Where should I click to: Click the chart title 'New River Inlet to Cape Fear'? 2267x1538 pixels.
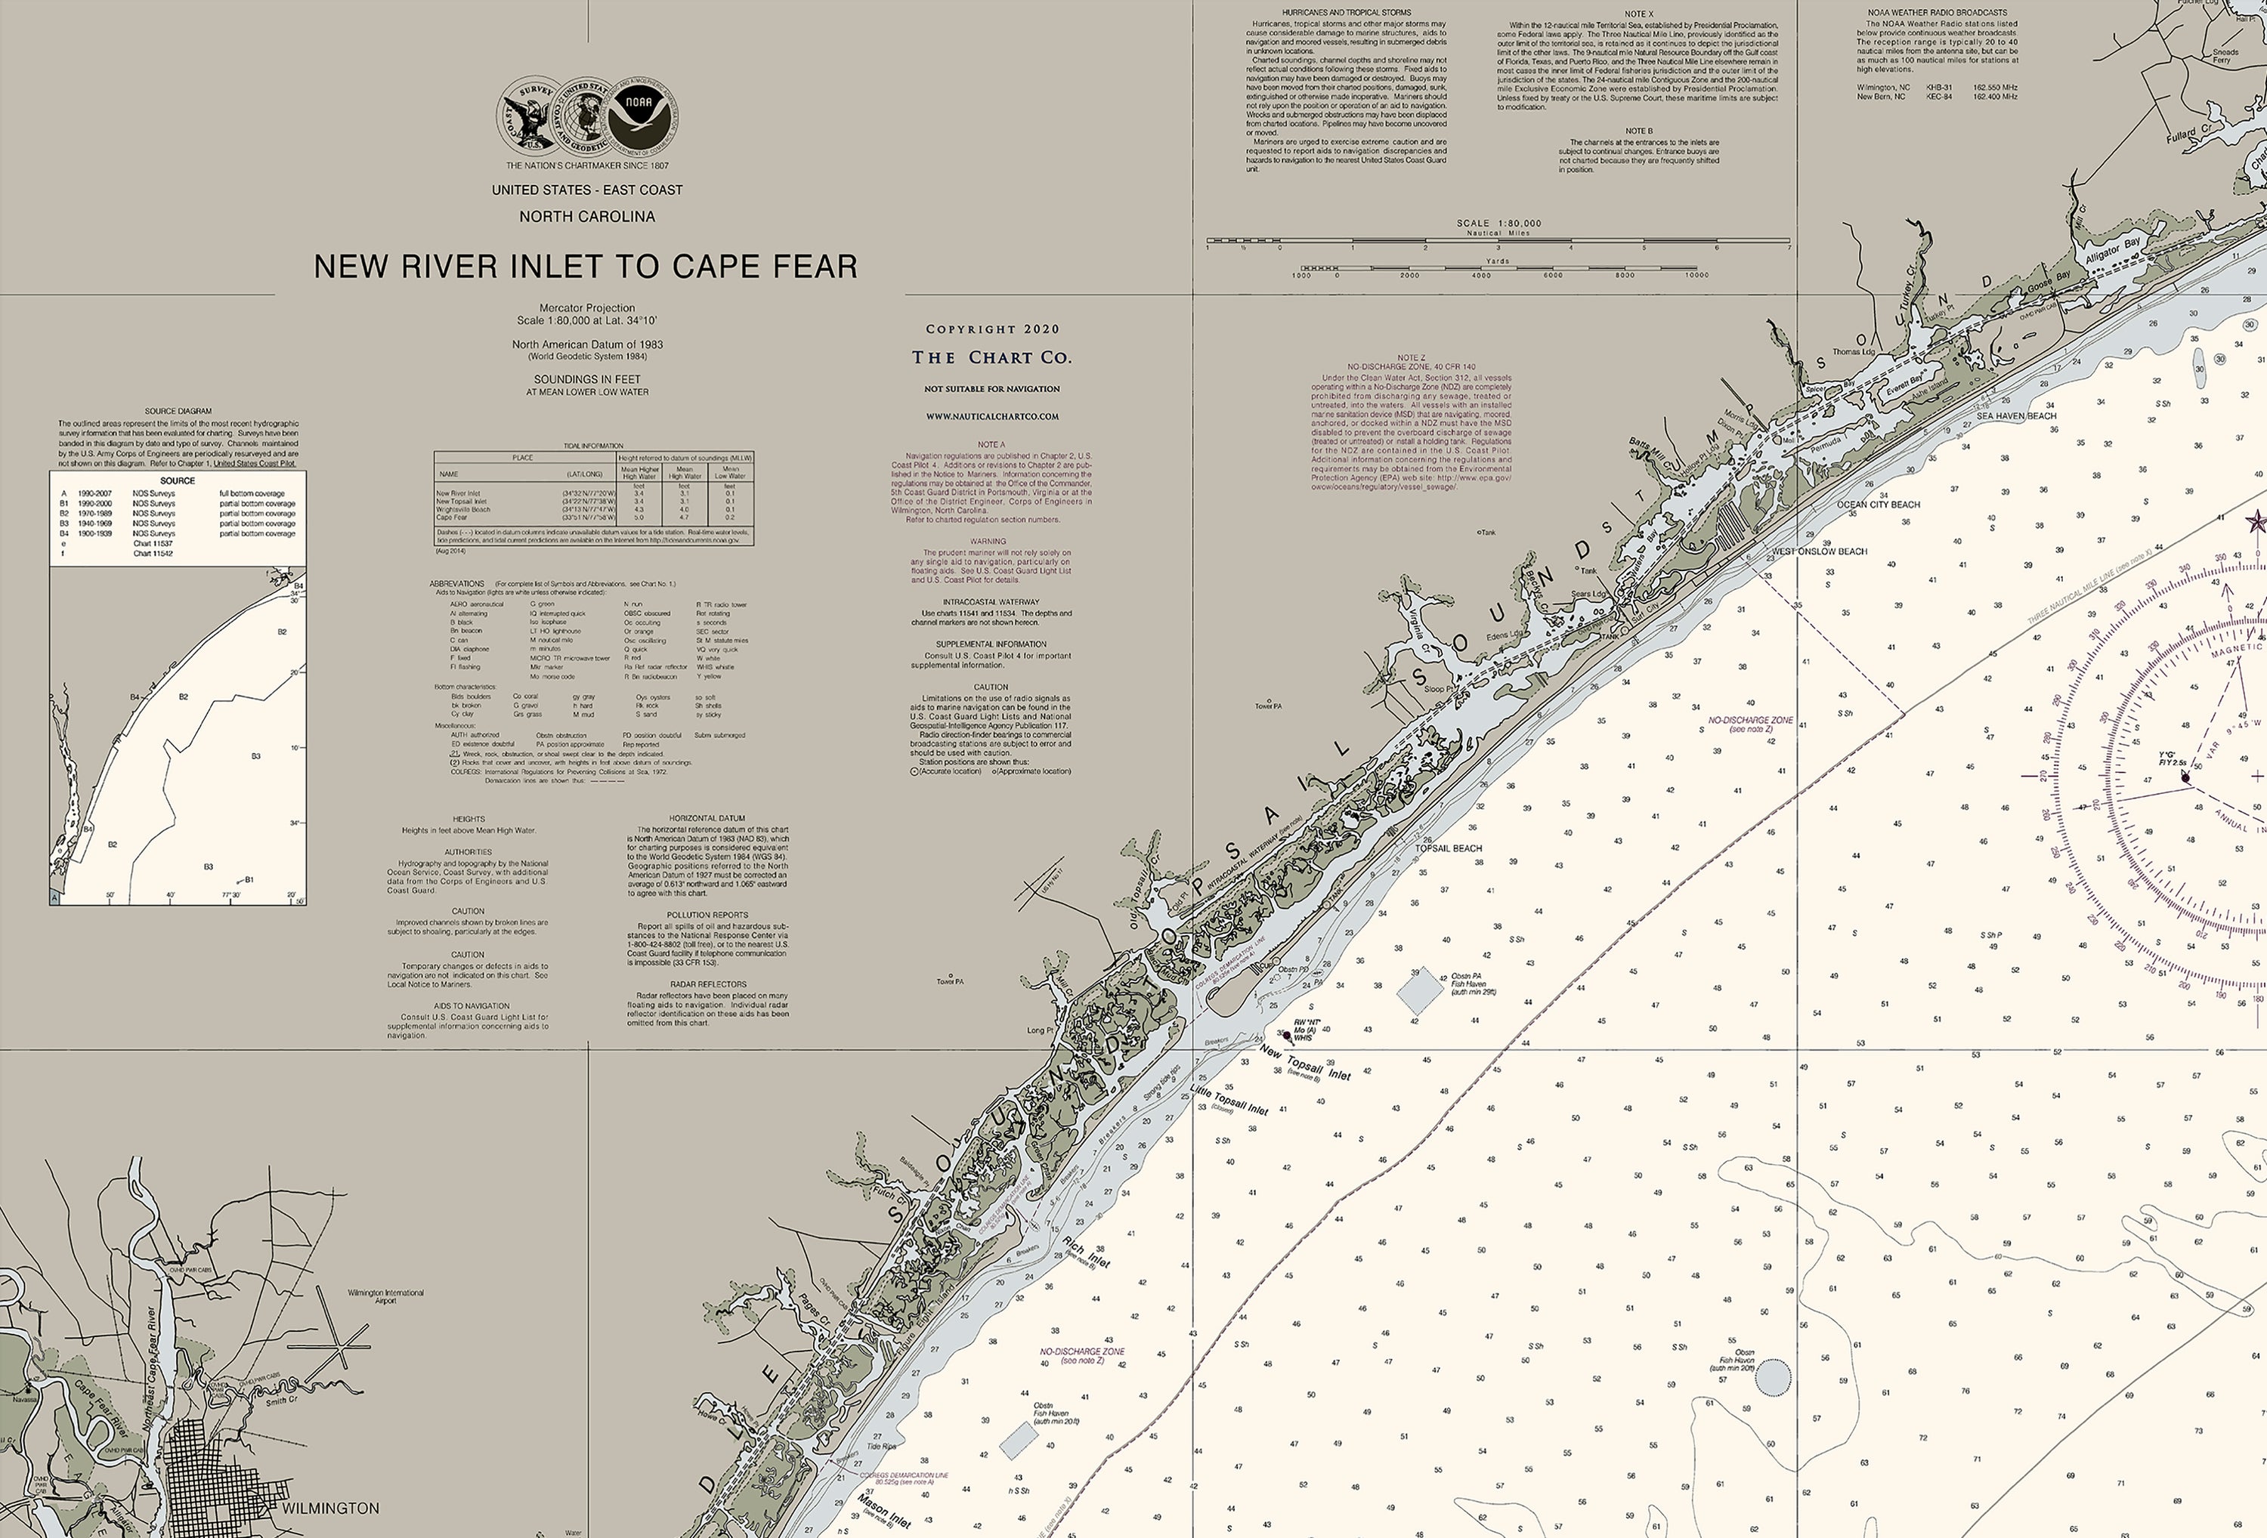pyautogui.click(x=586, y=266)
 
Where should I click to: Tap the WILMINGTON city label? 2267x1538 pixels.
pyautogui.click(x=331, y=1508)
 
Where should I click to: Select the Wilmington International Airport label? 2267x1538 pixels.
pyautogui.click(x=385, y=1296)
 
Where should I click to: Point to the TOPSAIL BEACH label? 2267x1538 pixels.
pyautogui.click(x=1449, y=848)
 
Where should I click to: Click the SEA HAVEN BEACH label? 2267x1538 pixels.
pyautogui.click(x=2016, y=415)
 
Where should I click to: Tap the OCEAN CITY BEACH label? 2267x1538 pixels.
pyautogui.click(x=1878, y=504)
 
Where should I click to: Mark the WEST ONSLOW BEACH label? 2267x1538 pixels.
pyautogui.click(x=1819, y=551)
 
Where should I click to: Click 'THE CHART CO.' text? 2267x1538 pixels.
pyautogui.click(x=991, y=358)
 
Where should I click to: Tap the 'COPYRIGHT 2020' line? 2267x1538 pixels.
pyautogui.click(x=992, y=329)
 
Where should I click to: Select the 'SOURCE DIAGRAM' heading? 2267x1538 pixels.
pyautogui.click(x=178, y=412)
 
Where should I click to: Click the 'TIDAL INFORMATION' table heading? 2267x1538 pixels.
pyautogui.click(x=593, y=446)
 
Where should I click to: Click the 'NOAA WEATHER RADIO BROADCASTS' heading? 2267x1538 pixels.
pyautogui.click(x=1936, y=13)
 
